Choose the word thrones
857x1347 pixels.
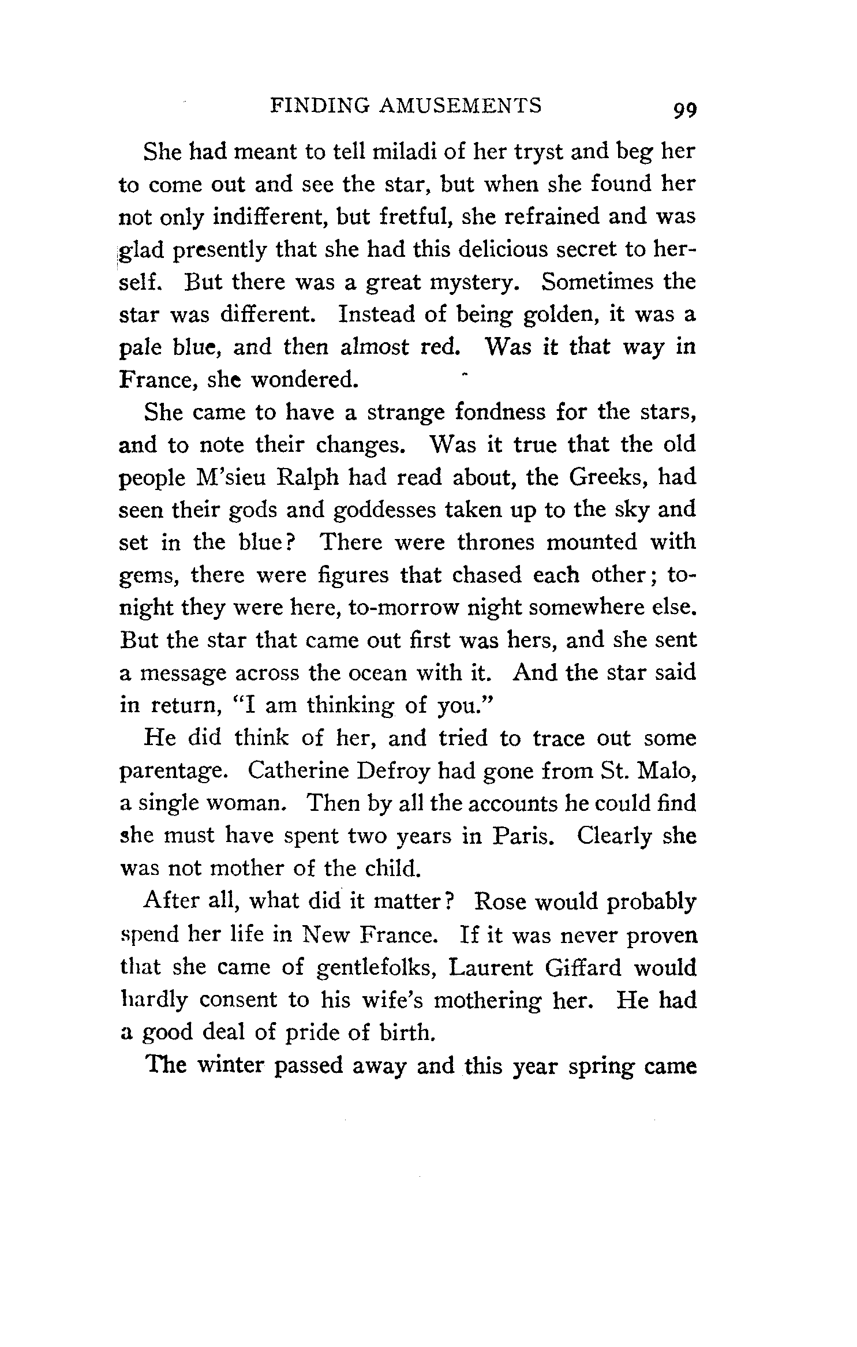pos(496,542)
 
